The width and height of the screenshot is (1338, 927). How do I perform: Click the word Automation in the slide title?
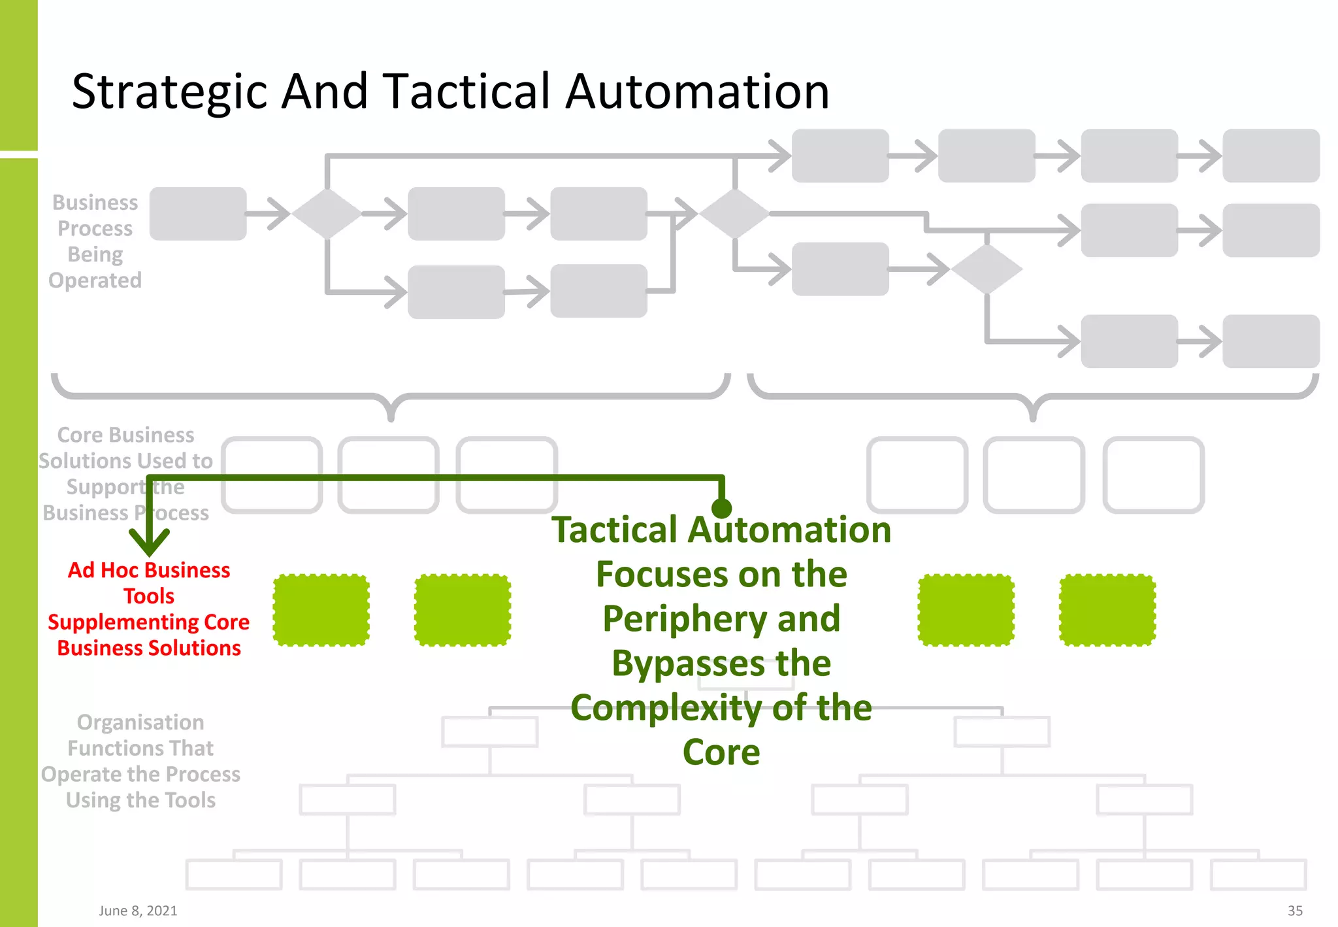pos(697,92)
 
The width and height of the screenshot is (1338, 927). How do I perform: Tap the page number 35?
pos(1294,911)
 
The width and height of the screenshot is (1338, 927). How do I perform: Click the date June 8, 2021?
pos(138,911)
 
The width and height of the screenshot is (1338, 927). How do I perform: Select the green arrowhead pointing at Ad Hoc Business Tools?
pos(149,541)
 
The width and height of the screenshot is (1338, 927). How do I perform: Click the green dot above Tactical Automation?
pos(721,508)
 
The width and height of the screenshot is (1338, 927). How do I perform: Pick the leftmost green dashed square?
pos(321,610)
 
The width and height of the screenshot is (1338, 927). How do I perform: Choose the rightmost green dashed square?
pos(1107,610)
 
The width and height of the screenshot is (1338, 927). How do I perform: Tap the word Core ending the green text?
pos(721,752)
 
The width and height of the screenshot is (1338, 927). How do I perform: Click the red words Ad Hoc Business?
pos(149,570)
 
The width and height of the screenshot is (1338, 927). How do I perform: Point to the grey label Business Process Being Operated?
pos(95,241)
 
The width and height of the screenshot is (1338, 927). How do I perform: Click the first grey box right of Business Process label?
pos(198,214)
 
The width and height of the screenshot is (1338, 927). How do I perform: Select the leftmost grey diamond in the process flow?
pos(327,214)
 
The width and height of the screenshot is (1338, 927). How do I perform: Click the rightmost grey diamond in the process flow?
pos(987,269)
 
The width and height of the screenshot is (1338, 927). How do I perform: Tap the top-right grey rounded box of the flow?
pos(1271,156)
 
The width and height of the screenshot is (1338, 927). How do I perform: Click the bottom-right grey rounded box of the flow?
pos(1271,341)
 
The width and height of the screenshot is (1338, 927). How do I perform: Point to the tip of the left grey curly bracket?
pos(391,417)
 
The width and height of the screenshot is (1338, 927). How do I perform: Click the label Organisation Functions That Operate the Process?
pos(140,761)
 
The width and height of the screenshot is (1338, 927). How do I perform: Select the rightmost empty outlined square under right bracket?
pos(1153,475)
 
